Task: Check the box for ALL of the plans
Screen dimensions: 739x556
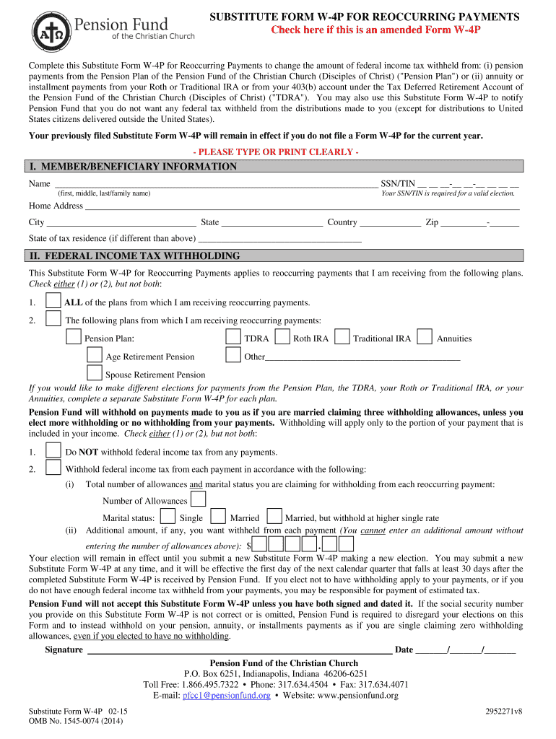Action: (x=53, y=301)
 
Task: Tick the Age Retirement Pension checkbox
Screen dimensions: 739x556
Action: (x=94, y=355)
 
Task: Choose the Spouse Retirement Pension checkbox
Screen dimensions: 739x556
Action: (x=94, y=373)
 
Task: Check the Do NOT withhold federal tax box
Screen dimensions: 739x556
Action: (x=53, y=450)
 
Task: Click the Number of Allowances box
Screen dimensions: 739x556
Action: (x=198, y=499)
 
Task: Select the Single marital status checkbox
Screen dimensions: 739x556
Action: (x=168, y=517)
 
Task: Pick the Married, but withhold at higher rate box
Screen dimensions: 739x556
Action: (x=274, y=517)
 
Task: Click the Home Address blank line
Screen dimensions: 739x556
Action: (x=302, y=206)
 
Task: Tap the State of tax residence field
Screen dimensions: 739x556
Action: (x=279, y=238)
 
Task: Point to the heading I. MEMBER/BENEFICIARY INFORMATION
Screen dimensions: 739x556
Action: (x=133, y=167)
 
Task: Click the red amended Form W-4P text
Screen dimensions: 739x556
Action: (x=375, y=30)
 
